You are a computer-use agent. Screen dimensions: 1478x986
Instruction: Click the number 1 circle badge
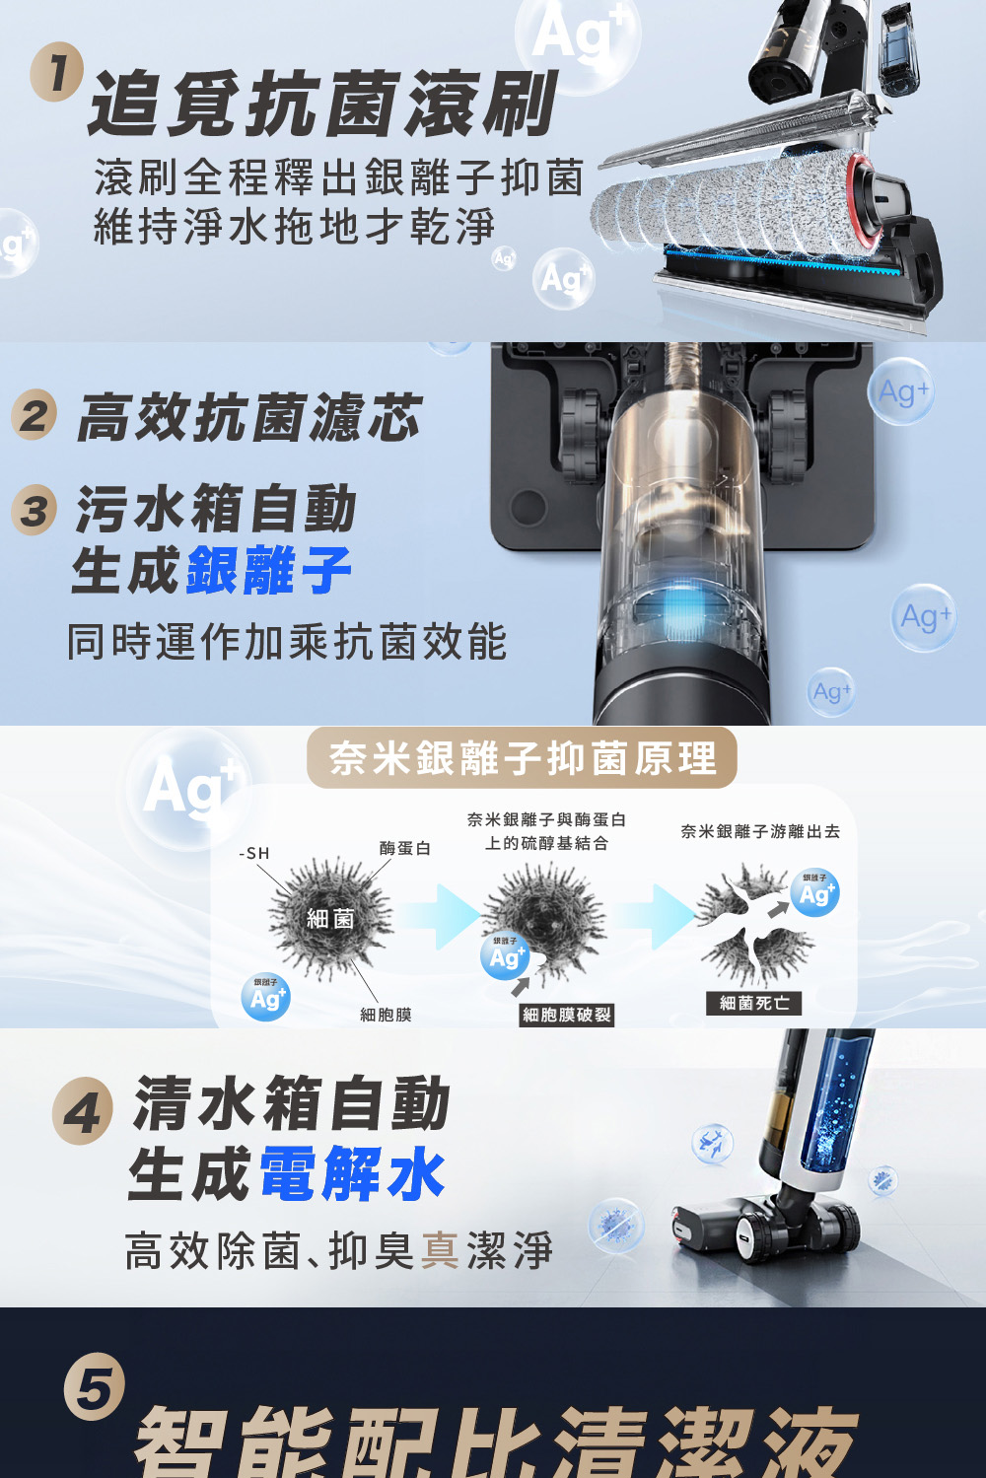coord(57,73)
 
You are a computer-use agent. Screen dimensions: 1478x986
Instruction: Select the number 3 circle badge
coord(35,511)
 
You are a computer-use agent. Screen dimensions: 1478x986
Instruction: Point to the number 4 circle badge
coord(82,1112)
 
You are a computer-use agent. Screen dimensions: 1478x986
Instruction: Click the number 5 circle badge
coord(95,1386)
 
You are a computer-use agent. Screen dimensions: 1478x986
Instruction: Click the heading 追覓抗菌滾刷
coord(323,104)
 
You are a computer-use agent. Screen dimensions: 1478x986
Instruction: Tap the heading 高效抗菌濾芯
coord(250,418)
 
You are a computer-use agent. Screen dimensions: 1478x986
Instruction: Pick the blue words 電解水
coord(352,1173)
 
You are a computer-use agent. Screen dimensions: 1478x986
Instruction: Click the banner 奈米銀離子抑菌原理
coord(522,757)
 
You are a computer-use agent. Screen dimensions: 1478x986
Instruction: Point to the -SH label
coord(254,853)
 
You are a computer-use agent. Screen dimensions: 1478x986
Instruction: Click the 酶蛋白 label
coord(404,848)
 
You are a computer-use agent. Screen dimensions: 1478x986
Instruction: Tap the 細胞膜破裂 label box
coord(567,1015)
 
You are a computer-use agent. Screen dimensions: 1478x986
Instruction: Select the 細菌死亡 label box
coord(753,1003)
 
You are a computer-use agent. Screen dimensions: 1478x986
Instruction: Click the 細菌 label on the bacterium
coord(329,918)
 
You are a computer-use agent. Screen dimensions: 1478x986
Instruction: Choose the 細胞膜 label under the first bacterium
coord(386,1015)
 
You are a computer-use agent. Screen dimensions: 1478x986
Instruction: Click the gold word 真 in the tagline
coord(441,1250)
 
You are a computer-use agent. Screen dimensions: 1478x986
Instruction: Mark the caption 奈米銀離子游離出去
coord(760,831)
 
